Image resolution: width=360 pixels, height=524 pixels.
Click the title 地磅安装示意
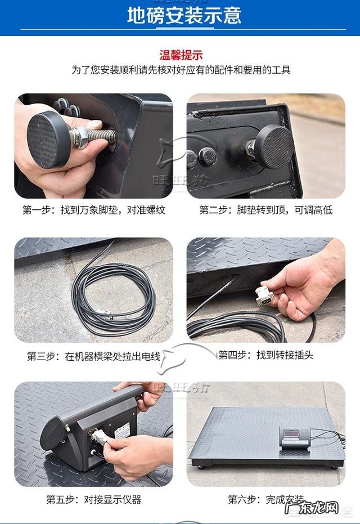tap(184, 15)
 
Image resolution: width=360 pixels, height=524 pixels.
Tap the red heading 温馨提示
tap(181, 55)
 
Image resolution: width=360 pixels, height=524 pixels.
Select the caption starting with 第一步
tap(94, 210)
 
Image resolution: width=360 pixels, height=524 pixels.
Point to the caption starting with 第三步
tap(94, 356)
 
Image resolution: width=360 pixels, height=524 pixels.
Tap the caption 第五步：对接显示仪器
tap(93, 499)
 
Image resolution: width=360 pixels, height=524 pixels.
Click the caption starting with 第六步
tap(265, 499)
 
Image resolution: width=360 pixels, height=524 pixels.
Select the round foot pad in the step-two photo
tap(273, 145)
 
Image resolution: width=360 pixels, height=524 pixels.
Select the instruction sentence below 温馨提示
tap(181, 70)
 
